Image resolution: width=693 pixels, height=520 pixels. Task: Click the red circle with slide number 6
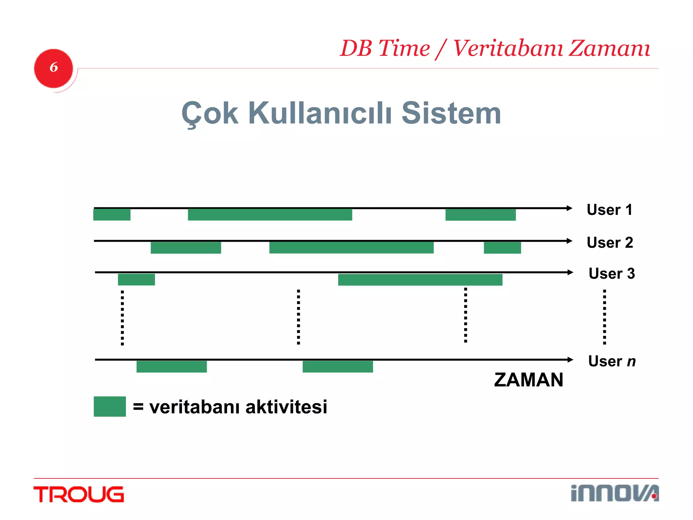pyautogui.click(x=53, y=68)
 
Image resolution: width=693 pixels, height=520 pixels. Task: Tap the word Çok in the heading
pyautogui.click(x=210, y=114)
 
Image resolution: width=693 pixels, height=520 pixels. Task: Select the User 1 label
pyautogui.click(x=609, y=210)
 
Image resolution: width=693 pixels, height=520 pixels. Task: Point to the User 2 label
pyautogui.click(x=610, y=242)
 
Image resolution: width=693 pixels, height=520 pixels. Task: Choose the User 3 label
pyautogui.click(x=611, y=273)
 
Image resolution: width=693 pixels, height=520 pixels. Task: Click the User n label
pyautogui.click(x=612, y=361)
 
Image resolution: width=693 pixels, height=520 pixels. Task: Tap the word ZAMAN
pyautogui.click(x=529, y=380)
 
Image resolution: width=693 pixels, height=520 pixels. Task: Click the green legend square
pyautogui.click(x=110, y=406)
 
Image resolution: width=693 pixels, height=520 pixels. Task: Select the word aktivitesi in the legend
pyautogui.click(x=286, y=407)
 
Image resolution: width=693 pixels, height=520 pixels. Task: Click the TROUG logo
pyautogui.click(x=79, y=494)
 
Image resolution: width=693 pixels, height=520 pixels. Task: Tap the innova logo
pyautogui.click(x=614, y=493)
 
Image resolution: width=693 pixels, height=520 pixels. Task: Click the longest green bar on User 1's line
pyautogui.click(x=270, y=215)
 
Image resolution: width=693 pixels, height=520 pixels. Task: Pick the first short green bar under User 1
pyautogui.click(x=112, y=215)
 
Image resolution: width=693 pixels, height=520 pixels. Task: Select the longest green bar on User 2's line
pyautogui.click(x=351, y=247)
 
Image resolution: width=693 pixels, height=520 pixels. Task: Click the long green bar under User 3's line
pyautogui.click(x=420, y=280)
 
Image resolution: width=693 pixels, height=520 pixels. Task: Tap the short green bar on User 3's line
pyautogui.click(x=136, y=280)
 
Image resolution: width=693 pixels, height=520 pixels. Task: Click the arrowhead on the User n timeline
pyautogui.click(x=570, y=360)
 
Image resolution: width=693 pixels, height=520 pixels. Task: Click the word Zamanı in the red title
pyautogui.click(x=609, y=48)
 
